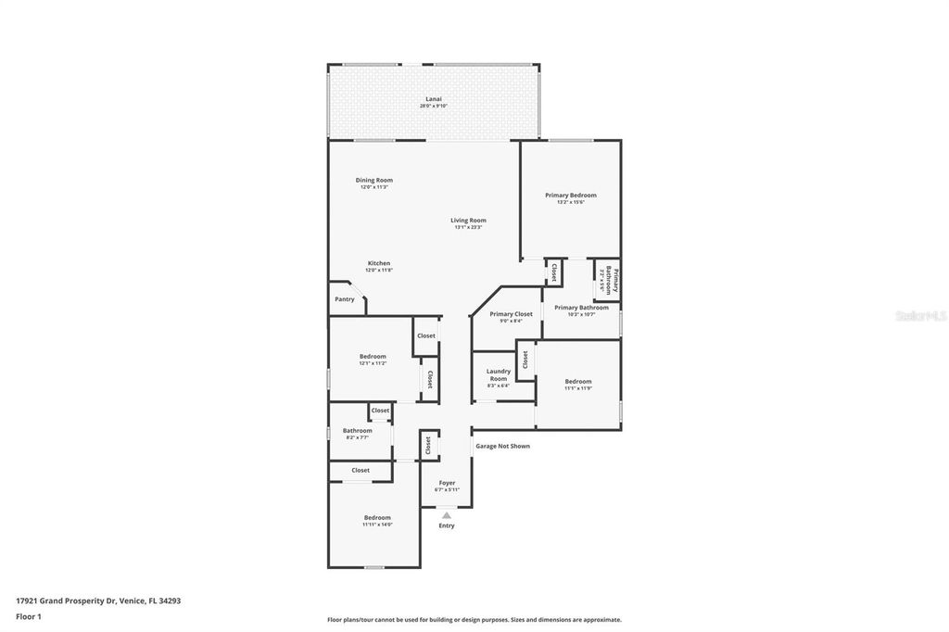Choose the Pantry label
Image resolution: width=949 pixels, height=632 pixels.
pos(344,299)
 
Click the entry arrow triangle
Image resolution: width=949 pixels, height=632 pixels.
pos(447,515)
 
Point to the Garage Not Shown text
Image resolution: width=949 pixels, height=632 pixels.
pos(502,446)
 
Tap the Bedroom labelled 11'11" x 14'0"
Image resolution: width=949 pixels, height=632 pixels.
pos(377,520)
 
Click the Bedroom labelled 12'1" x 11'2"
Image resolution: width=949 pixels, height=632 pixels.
pos(373,359)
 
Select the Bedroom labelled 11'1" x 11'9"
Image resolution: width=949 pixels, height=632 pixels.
pos(577,384)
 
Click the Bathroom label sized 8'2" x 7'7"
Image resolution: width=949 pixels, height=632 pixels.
pos(357,433)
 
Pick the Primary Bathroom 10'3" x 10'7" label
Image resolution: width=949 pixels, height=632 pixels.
pos(581,310)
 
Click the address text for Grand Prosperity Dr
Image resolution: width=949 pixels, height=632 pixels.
pos(97,600)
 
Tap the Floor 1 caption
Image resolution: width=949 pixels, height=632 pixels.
pos(29,616)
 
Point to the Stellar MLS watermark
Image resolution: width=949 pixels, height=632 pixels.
pos(920,316)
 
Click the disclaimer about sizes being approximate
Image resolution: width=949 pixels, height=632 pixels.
pos(474,620)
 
